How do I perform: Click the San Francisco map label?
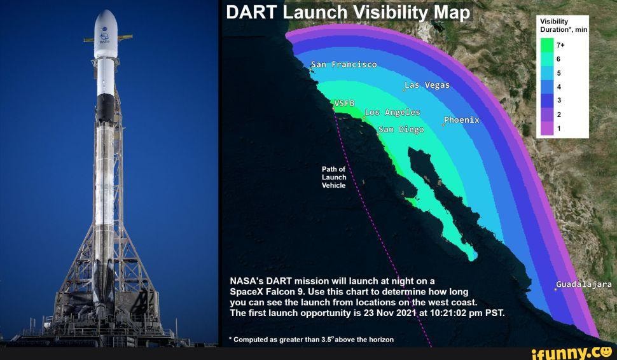pyautogui.click(x=343, y=65)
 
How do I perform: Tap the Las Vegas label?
pyautogui.click(x=427, y=85)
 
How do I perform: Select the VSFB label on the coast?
pyautogui.click(x=344, y=103)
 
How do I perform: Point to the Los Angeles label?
pyautogui.click(x=392, y=113)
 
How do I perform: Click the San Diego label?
pyautogui.click(x=401, y=130)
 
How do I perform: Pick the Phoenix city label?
pyautogui.click(x=462, y=120)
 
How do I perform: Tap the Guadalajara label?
pyautogui.click(x=584, y=284)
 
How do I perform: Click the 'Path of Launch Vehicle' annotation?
pyautogui.click(x=334, y=177)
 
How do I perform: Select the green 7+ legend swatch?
pyautogui.click(x=546, y=45)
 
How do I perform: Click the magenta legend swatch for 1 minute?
pyautogui.click(x=546, y=129)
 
